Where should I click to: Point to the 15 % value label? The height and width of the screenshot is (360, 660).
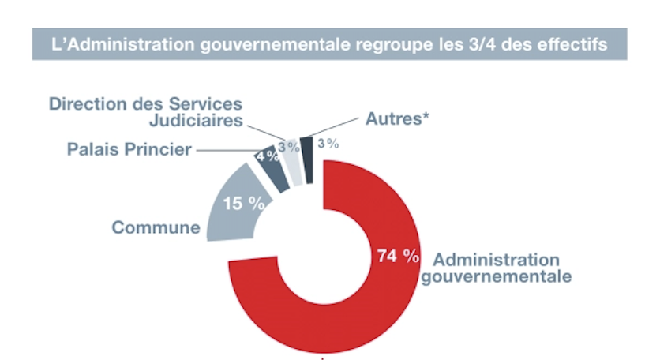(242, 204)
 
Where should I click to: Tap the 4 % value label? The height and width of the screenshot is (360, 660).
(266, 156)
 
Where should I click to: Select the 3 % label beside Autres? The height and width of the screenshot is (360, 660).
(328, 144)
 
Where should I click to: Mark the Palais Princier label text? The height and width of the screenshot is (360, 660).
(129, 148)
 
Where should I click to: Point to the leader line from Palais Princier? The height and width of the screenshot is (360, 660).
(225, 148)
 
